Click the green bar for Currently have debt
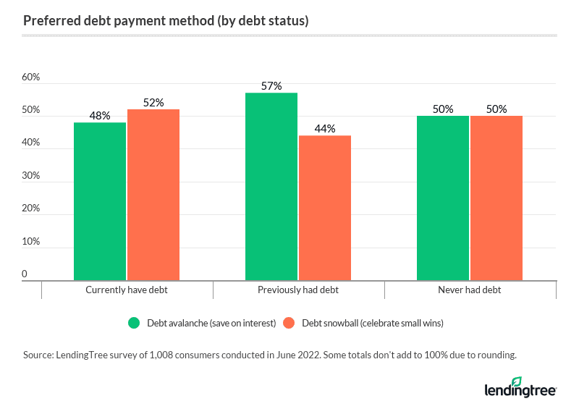[100, 201]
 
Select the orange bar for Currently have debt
[153, 195]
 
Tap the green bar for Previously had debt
[271, 186]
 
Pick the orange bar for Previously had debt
[325, 208]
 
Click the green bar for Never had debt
[443, 198]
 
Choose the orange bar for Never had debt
[496, 198]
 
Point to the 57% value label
[271, 86]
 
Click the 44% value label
[325, 129]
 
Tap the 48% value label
[100, 116]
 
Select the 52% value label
[153, 103]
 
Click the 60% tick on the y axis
[30, 77]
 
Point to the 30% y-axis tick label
[30, 176]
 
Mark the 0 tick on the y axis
[25, 274]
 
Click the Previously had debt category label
[298, 290]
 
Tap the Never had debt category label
[469, 290]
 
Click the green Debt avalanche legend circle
[134, 324]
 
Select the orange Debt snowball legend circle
[289, 324]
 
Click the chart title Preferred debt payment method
[166, 20]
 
